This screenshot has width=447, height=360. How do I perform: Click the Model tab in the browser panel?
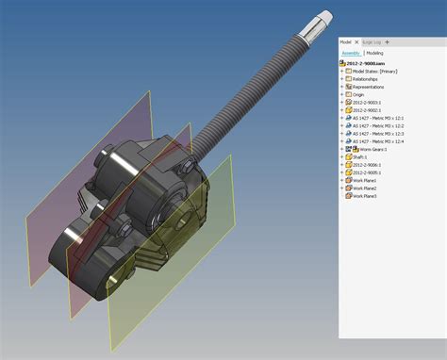pos(345,42)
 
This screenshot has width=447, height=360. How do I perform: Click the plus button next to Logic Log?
pos(387,42)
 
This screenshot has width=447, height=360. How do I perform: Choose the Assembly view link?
pos(350,53)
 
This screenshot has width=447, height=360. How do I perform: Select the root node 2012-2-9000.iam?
pos(364,62)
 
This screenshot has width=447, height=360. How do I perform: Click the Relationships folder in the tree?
pos(368,78)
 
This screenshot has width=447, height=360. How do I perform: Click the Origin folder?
pos(359,95)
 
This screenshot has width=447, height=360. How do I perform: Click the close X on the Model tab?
pos(355,42)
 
